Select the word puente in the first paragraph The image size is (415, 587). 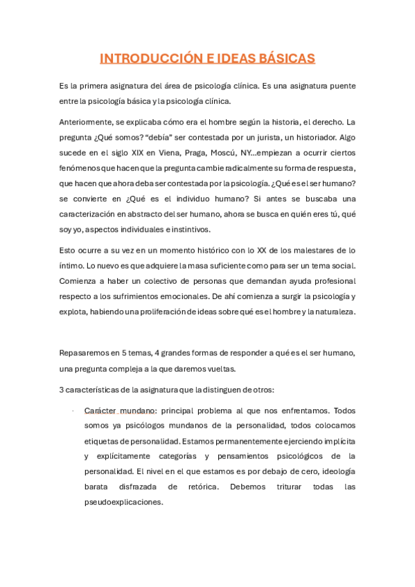tap(339, 86)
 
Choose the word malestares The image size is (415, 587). tap(318, 251)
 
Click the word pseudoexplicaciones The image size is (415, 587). tap(123, 502)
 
